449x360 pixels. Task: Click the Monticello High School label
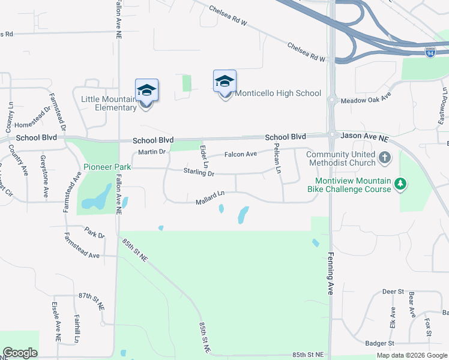(278, 94)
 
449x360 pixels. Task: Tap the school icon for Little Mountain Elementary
(146, 91)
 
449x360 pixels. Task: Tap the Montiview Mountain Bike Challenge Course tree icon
(401, 183)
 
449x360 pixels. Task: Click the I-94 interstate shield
(430, 53)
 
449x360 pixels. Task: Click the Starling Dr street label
(199, 173)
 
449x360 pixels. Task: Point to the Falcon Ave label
(241, 154)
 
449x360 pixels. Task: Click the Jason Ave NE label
(365, 137)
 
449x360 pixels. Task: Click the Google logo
(20, 353)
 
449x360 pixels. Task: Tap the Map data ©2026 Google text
(411, 355)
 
